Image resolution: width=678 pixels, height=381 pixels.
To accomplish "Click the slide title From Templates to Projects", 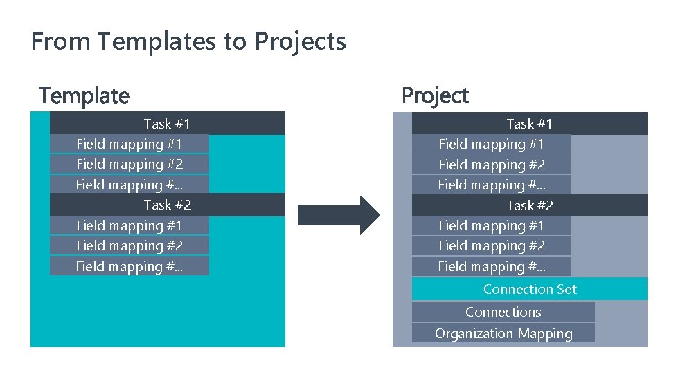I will click(188, 41).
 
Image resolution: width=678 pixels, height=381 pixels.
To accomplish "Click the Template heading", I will click(84, 95).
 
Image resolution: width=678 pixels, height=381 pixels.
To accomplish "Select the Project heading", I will click(435, 95).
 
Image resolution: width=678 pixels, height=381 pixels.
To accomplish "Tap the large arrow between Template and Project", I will click(339, 215).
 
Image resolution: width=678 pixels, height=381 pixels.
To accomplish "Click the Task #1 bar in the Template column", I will click(167, 124).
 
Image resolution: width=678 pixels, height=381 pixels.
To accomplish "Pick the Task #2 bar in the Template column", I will click(167, 205).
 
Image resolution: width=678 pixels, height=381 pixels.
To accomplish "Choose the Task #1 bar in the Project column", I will click(529, 124).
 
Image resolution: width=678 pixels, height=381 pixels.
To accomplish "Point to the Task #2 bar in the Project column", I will click(529, 205).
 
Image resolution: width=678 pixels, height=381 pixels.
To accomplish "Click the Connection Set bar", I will click(529, 289).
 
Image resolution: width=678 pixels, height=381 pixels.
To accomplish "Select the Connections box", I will click(503, 312).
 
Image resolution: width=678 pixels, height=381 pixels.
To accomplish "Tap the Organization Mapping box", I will click(503, 333).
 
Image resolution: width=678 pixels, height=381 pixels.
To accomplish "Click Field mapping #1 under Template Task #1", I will click(129, 144).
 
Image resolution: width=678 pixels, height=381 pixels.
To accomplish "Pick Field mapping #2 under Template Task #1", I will click(129, 164).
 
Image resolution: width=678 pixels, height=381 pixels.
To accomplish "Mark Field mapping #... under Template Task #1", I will click(129, 185).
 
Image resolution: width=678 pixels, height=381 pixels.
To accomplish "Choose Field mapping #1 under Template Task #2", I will click(129, 225).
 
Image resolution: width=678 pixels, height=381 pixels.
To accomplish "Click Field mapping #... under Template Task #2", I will click(129, 266).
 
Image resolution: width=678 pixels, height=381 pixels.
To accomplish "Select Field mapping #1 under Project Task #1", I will click(491, 144).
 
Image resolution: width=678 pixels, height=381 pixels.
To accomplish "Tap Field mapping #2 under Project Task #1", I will click(491, 165).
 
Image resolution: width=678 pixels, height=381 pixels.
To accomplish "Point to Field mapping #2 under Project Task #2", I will click(491, 245).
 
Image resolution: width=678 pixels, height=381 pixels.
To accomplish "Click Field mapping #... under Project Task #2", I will click(491, 266).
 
